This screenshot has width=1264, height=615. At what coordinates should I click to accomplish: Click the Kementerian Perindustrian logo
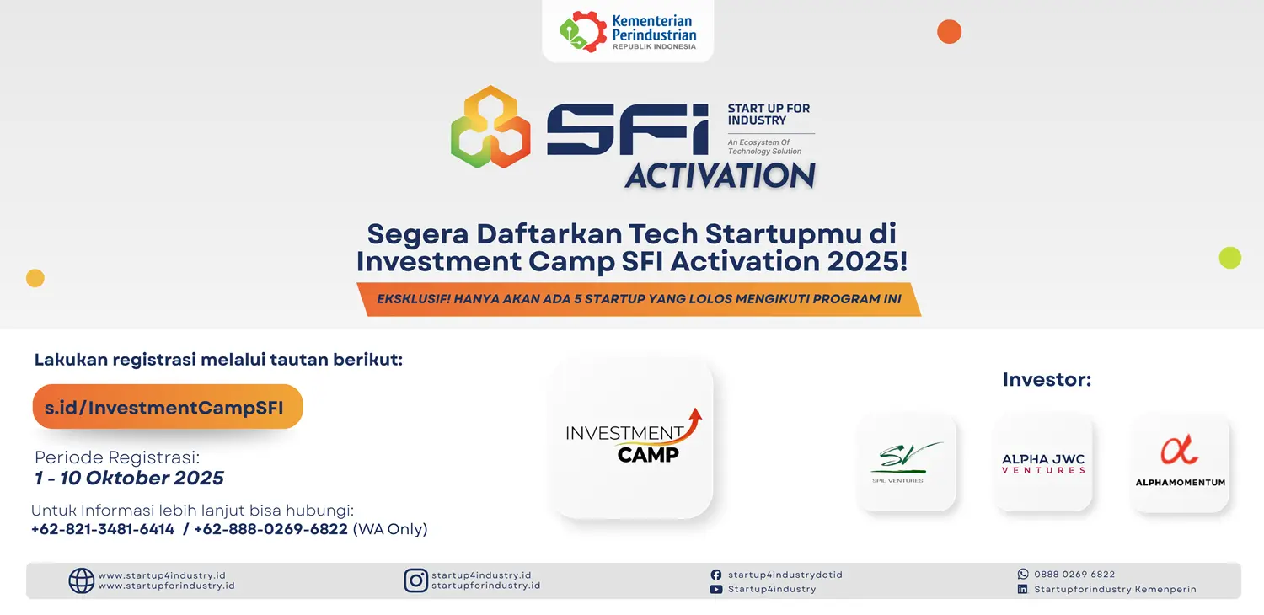click(x=628, y=32)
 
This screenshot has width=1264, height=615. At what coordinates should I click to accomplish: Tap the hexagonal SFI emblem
click(x=490, y=127)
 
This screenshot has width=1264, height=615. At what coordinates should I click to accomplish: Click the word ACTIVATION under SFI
click(x=720, y=175)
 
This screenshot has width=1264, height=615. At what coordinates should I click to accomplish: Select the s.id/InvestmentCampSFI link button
click(x=168, y=407)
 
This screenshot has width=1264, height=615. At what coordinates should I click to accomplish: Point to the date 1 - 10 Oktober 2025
click(x=129, y=478)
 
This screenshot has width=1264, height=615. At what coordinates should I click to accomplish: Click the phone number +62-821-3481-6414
click(x=103, y=529)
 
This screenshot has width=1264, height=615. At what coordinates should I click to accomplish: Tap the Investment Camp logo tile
click(x=632, y=438)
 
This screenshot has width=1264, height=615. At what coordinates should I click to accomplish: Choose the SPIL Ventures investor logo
click(x=906, y=463)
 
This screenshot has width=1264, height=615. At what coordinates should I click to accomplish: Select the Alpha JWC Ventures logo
click(x=1043, y=463)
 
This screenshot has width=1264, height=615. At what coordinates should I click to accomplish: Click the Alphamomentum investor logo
click(x=1180, y=463)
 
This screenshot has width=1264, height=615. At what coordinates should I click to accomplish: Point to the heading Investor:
click(x=1047, y=380)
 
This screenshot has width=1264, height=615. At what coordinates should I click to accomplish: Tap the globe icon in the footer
click(x=81, y=580)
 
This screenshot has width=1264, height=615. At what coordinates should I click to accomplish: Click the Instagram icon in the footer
click(x=416, y=580)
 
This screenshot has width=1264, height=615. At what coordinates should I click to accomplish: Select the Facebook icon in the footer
click(x=716, y=575)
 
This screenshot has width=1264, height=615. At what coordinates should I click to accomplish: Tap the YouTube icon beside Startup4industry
click(x=716, y=590)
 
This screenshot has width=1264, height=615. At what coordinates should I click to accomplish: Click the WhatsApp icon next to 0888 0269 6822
click(x=1023, y=574)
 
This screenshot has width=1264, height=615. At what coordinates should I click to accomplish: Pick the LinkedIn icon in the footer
click(x=1022, y=589)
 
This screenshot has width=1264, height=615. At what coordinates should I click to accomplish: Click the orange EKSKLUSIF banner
click(x=639, y=299)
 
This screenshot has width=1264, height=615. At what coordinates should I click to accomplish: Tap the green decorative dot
click(x=1230, y=258)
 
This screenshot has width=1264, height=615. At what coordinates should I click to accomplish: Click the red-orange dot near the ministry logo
click(x=949, y=32)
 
